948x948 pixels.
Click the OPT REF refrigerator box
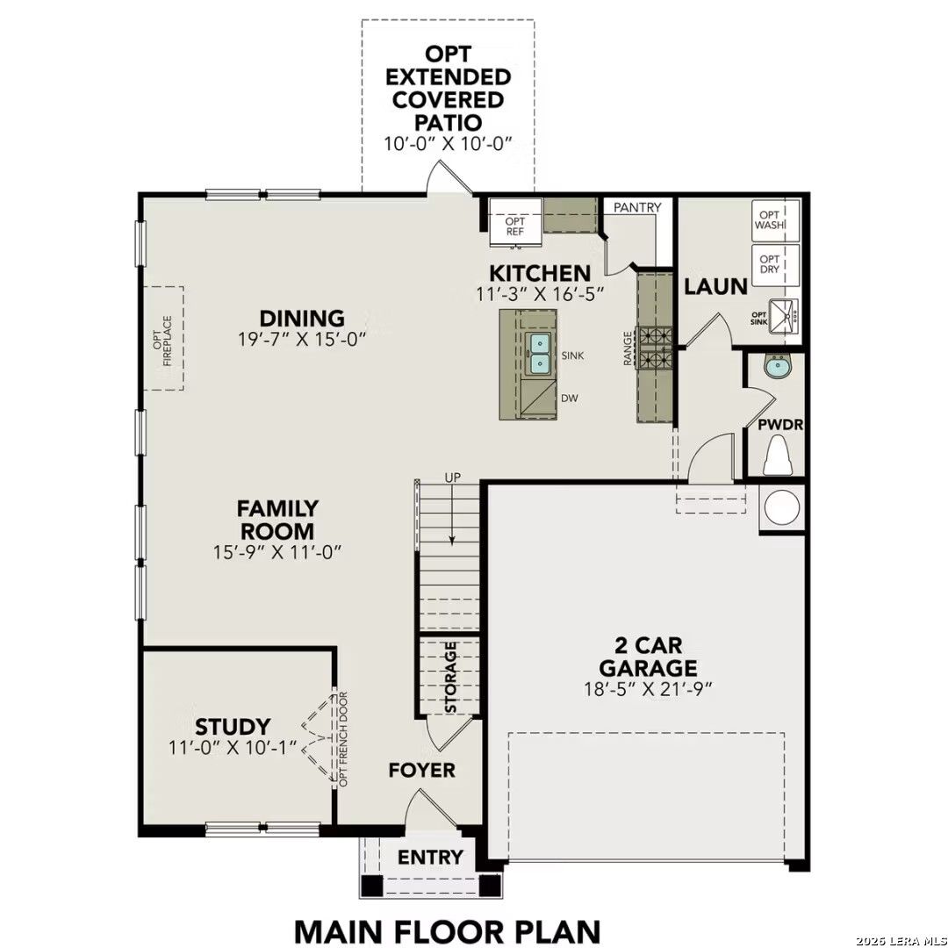514,219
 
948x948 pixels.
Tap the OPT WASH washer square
776,219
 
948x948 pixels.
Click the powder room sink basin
776,367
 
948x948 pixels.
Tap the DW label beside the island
570,398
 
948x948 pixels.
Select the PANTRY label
637,207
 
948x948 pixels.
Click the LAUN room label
715,286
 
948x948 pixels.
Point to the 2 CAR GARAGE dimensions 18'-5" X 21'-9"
646,688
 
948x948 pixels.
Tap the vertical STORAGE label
451,677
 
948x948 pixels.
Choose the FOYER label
422,770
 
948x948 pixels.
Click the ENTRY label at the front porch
430,857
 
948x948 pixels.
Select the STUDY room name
232,727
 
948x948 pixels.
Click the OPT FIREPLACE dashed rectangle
169,338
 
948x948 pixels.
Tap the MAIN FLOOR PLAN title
447,930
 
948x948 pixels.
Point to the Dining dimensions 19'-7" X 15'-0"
301,338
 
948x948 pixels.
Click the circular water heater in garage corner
780,508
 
